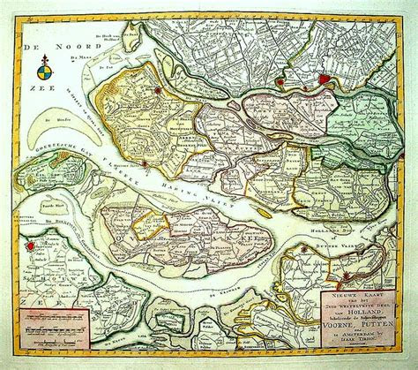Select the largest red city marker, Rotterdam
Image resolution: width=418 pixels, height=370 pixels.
[324, 79]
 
